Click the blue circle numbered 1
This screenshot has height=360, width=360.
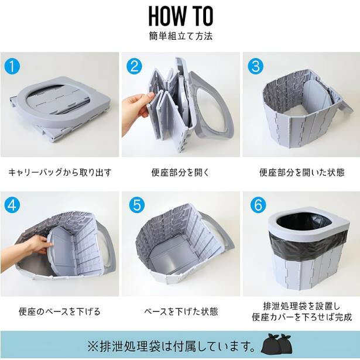12,66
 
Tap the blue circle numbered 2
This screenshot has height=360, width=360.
134,66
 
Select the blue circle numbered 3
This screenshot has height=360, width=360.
256,66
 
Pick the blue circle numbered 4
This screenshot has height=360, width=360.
12,205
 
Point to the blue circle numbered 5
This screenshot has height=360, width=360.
137,205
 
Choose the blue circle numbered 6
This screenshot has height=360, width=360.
258,205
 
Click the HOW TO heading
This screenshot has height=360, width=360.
181,16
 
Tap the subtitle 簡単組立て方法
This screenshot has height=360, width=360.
181,36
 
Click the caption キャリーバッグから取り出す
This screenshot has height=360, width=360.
60,173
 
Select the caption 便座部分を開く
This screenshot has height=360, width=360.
180,173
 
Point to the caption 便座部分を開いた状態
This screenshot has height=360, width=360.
301,173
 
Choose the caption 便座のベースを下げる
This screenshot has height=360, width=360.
60,311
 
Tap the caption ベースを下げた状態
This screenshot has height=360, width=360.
181,311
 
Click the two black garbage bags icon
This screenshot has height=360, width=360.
276,344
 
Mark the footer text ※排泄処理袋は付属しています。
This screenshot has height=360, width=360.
172,345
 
